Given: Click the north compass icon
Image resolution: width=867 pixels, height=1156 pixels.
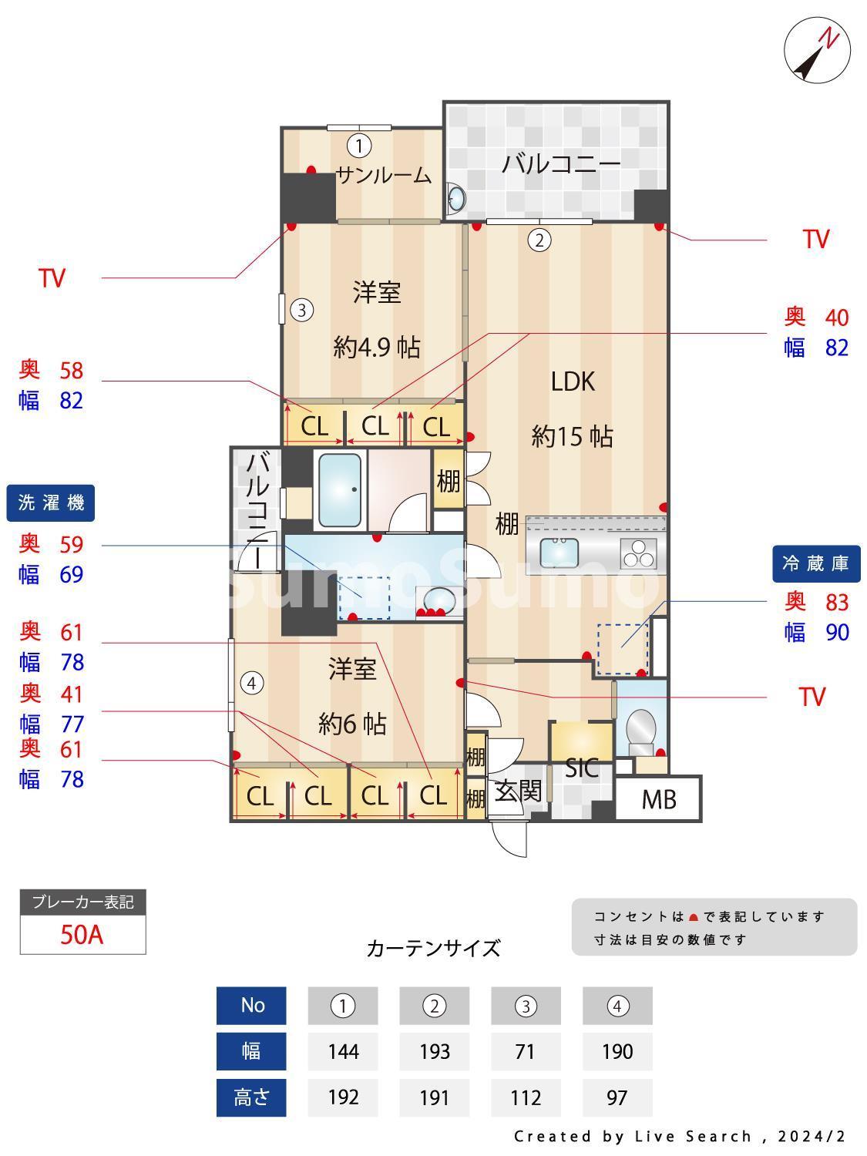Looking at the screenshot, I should click(817, 52).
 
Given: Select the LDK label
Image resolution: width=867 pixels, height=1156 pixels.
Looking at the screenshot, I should click(573, 381).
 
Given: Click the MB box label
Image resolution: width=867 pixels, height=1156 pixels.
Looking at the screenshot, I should click(659, 800).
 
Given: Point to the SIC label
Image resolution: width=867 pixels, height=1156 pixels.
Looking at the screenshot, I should click(582, 768).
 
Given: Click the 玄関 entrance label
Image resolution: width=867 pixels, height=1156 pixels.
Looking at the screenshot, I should click(518, 791).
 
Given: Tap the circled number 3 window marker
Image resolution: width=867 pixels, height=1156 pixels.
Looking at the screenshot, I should click(301, 311).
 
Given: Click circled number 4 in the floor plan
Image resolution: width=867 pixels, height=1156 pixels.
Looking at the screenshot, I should click(251, 683).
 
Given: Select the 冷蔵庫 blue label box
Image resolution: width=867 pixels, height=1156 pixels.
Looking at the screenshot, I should click(815, 563).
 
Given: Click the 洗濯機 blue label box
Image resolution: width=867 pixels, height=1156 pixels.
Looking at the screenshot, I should click(51, 503).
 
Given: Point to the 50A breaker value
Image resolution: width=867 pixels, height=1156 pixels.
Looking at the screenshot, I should click(82, 935).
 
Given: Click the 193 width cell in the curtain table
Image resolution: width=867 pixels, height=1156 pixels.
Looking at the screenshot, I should click(434, 1051).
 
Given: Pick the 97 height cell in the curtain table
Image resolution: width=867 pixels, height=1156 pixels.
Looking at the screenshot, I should click(617, 1097).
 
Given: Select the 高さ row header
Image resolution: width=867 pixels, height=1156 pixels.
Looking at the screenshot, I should click(251, 1097).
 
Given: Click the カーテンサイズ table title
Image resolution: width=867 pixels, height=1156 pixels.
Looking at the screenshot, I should click(433, 948).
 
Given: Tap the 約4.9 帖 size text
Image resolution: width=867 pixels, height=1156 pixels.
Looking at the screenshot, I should click(376, 348).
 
